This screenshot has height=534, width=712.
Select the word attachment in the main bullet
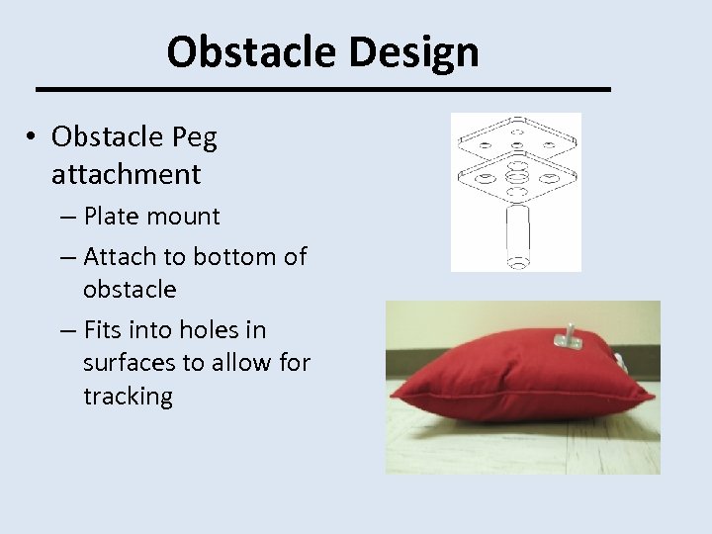[x=126, y=175]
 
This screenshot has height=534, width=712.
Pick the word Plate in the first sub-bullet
[x=116, y=216]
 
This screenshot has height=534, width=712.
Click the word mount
[x=187, y=216]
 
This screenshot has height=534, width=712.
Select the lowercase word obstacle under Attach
[x=130, y=290]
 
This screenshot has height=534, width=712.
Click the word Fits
[x=105, y=329]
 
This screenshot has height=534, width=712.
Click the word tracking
[x=128, y=397]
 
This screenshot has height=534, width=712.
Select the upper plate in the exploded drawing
[x=516, y=139]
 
